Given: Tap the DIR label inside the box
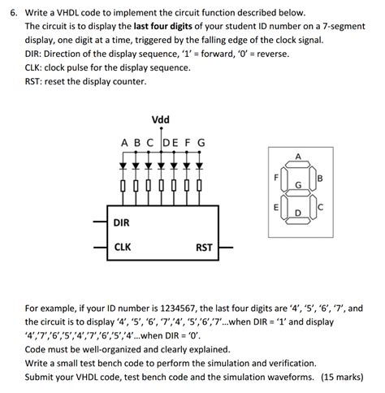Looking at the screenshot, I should pos(122,221).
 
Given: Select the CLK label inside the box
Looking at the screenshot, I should pos(123,247).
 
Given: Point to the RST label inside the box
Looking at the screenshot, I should pos(205,247).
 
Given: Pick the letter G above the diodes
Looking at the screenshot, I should pos(201,144).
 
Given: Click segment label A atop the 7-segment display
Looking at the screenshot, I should pos(298,156).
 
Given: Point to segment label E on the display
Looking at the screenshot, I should pos(276,207).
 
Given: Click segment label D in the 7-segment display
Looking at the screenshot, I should pos(298,214).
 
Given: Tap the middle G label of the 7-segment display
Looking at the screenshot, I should pos(298,186).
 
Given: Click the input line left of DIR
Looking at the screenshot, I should pos(97,221).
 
